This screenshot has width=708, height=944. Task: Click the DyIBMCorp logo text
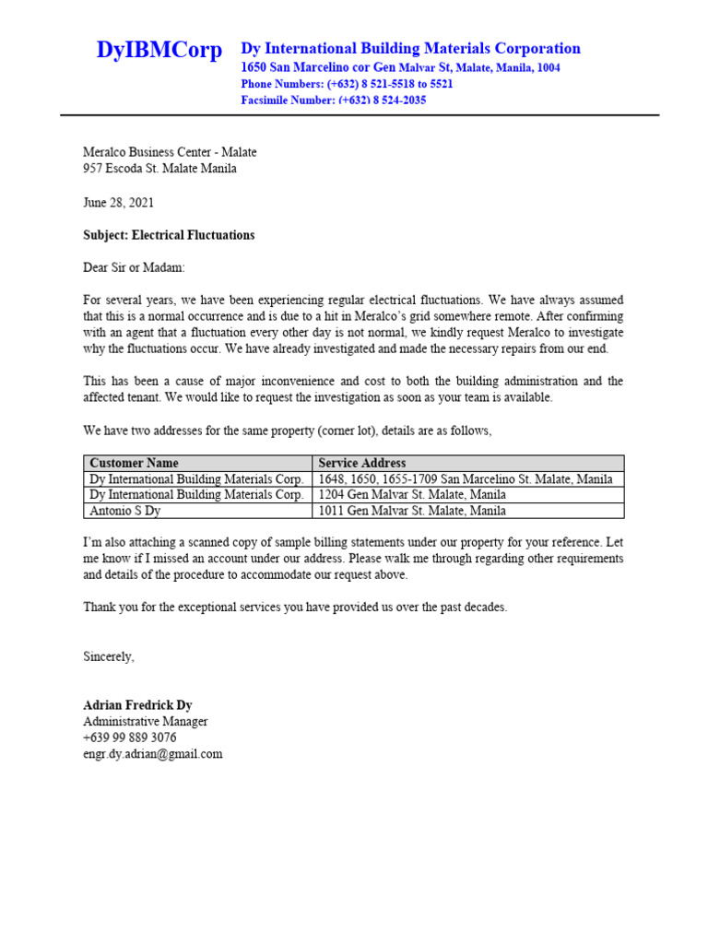click(159, 51)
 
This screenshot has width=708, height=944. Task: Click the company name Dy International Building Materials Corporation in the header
click(410, 48)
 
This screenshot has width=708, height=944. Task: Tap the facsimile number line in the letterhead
click(333, 100)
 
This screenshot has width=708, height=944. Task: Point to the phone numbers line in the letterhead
click(347, 84)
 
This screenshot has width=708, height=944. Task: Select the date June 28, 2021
click(119, 202)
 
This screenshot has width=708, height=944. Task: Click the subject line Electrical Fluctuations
click(169, 235)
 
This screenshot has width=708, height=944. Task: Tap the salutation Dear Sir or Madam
click(134, 267)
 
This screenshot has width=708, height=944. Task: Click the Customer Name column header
click(134, 463)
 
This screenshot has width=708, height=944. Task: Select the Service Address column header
click(361, 463)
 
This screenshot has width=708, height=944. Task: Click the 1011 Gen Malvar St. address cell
click(411, 510)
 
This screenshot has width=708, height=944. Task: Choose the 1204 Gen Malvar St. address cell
click(411, 494)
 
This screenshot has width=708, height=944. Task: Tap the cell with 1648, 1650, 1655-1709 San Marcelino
click(465, 479)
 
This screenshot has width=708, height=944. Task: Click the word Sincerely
click(109, 656)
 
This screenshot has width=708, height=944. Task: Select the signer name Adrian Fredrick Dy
click(137, 705)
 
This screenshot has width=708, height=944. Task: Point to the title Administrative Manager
click(146, 722)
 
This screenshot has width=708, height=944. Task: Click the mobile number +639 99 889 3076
click(130, 737)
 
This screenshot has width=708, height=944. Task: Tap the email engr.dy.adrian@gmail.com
click(153, 754)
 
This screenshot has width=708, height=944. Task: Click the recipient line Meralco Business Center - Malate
click(170, 152)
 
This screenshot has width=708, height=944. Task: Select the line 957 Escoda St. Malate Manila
click(159, 169)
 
